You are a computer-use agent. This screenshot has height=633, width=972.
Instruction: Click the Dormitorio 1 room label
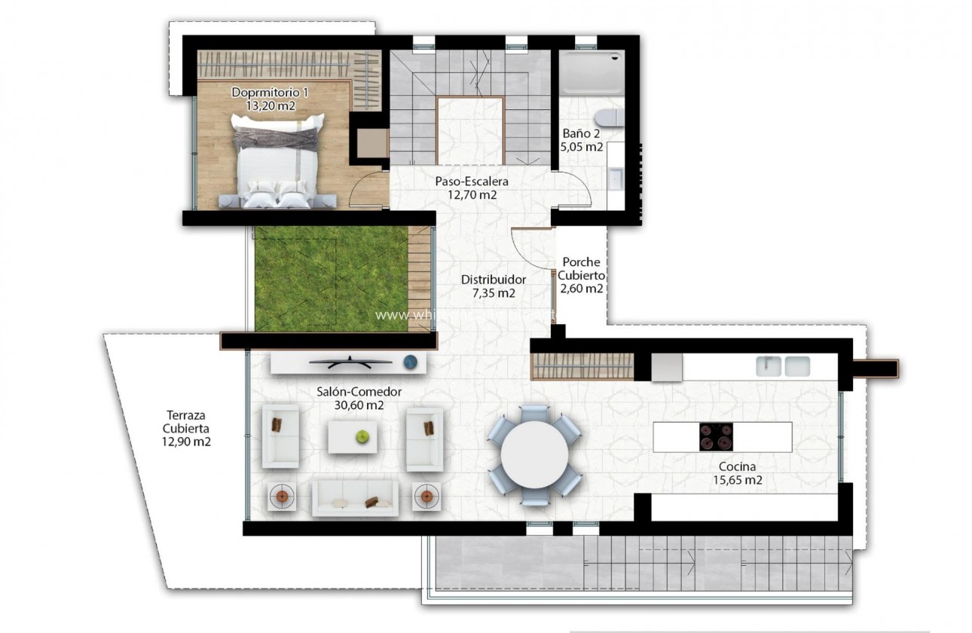pos(270,92)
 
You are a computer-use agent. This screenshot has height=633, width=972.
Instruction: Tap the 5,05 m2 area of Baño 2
pos(581,147)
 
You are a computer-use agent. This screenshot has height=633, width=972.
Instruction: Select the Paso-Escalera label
pos(472,182)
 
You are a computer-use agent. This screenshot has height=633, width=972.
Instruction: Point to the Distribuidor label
pos(494,280)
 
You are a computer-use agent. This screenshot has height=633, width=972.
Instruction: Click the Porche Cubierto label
pos(581,268)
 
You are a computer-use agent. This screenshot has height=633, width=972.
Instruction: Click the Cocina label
pos(737,466)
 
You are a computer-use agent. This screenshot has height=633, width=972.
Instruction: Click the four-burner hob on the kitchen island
pos(716,437)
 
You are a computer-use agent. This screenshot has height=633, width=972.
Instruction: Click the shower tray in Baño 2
pos(591,72)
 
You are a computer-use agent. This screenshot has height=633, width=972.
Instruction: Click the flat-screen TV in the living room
pos(351,362)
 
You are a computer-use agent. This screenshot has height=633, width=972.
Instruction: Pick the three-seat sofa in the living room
pos(355,499)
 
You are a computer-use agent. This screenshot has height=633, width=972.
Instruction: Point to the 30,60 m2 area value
pos(359,405)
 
